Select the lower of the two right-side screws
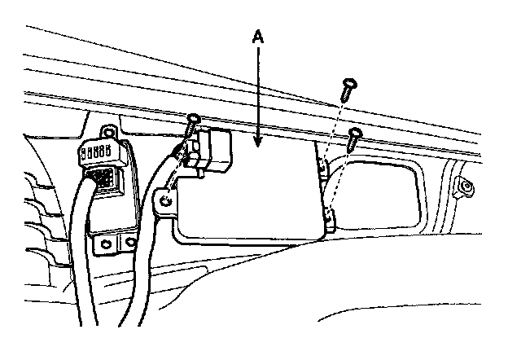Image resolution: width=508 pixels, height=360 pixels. pyautogui.click(x=353, y=136)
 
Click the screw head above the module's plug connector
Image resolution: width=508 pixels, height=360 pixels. pyautogui.click(x=193, y=121)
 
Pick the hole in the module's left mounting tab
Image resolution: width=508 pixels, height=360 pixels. pyautogui.click(x=166, y=199)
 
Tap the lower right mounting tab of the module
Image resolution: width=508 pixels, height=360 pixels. pyautogui.click(x=329, y=218)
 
